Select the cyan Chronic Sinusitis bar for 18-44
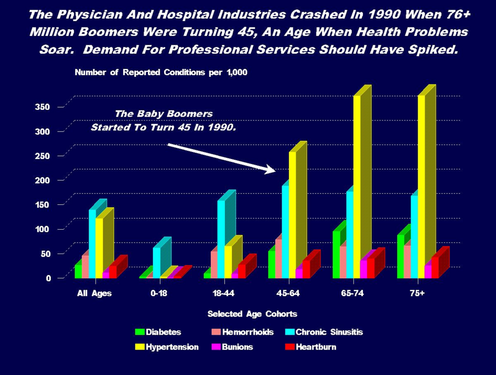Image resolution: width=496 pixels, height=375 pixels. (221, 237)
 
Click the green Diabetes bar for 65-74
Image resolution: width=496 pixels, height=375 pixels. (336, 254)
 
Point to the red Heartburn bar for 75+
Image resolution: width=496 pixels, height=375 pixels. (435, 266)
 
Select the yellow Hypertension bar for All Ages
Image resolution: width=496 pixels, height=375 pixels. (99, 246)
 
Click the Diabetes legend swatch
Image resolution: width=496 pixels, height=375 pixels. (140, 332)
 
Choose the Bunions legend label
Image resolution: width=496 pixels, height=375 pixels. (238, 347)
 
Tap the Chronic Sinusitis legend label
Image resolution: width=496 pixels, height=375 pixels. (329, 332)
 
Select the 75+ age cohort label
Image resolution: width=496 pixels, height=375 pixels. (417, 293)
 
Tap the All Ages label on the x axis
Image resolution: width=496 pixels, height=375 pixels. (93, 293)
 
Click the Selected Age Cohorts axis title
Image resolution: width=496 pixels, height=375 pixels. (252, 314)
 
